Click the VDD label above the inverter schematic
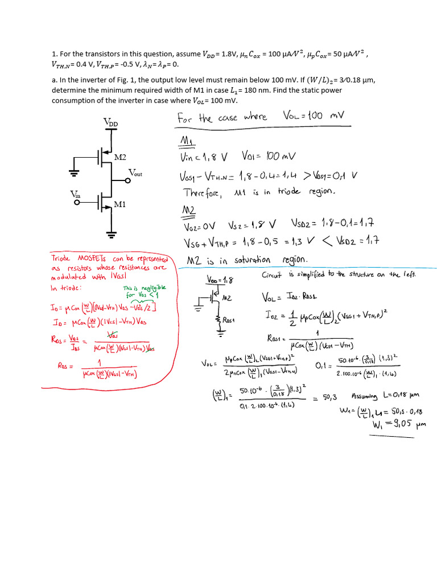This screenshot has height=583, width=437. coord(111,122)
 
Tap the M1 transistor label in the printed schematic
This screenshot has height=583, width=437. coord(120,204)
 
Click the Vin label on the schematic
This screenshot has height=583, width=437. coord(75,195)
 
